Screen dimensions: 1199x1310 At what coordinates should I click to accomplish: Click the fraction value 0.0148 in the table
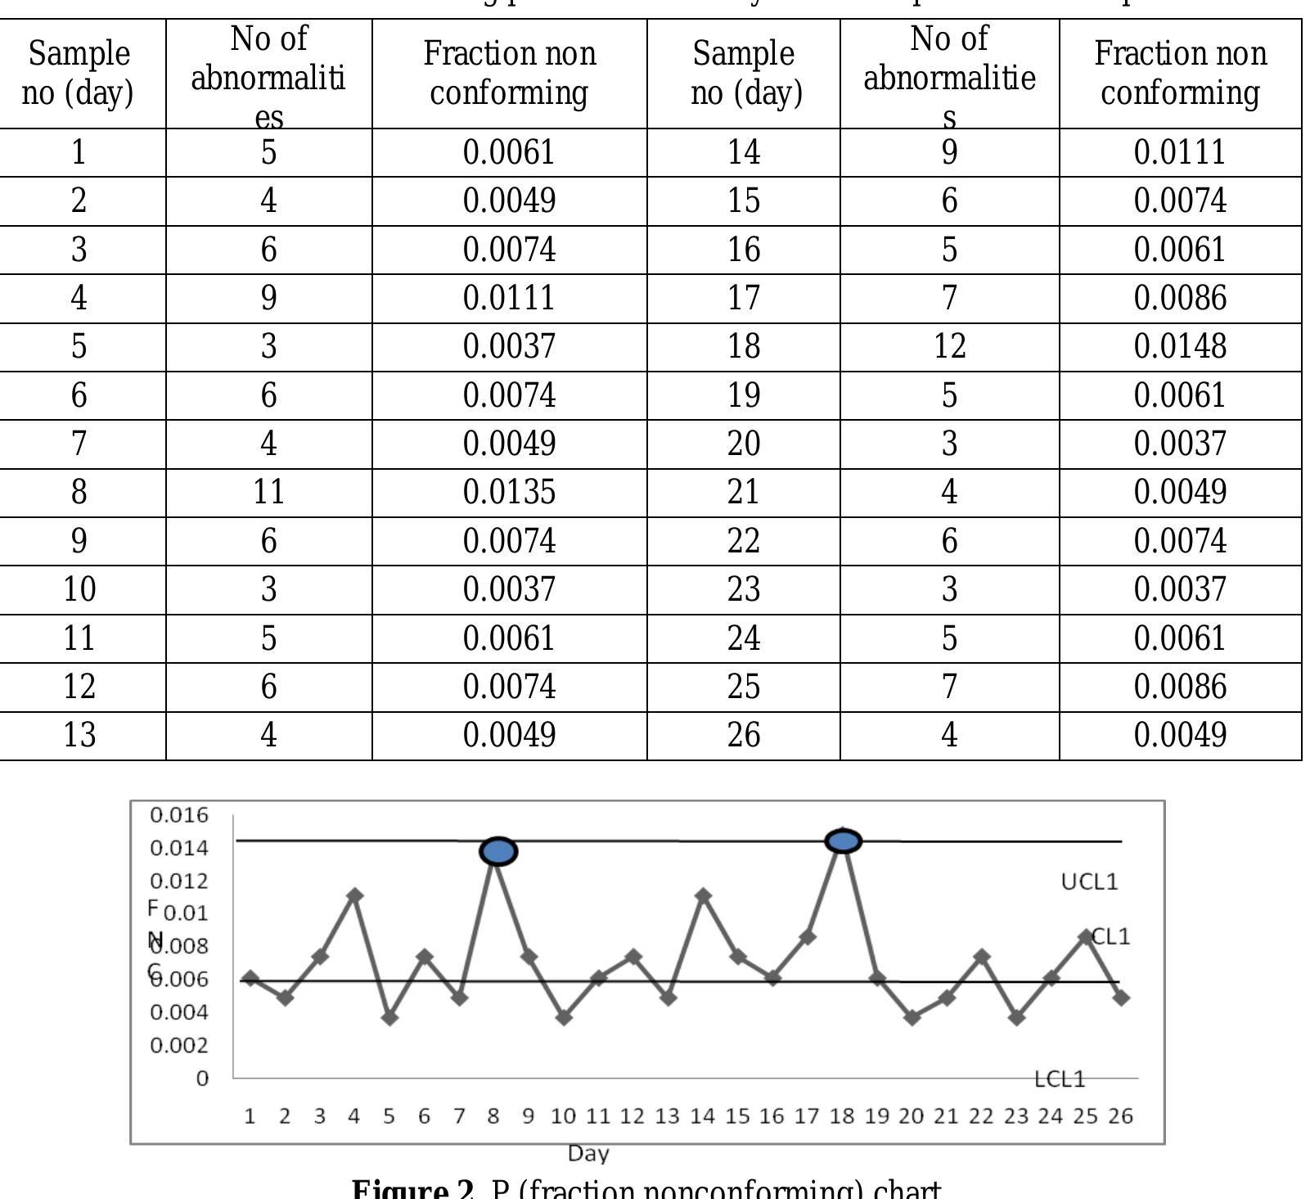coord(1179,346)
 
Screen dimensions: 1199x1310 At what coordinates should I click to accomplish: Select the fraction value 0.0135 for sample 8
coord(509,492)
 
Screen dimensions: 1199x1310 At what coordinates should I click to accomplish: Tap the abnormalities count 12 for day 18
coord(949,346)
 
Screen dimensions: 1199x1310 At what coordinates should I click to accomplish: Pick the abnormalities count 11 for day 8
coord(268,492)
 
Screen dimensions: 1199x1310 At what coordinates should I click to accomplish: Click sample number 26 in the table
coord(743,735)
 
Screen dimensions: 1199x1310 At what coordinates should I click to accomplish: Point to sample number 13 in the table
coord(79,735)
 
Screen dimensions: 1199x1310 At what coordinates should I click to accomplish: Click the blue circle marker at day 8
coord(498,851)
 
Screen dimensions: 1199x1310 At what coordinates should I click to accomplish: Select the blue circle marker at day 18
coord(844,841)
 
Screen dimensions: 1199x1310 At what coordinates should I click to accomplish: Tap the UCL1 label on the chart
coord(1088,881)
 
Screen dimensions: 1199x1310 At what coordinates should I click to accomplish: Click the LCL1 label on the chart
coord(1060,1080)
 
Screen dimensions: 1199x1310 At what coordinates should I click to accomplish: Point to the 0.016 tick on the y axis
coord(179,815)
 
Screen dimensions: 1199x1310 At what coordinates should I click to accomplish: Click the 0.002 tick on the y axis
coord(179,1045)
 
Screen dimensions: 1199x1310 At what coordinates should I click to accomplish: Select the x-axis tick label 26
coord(1120,1116)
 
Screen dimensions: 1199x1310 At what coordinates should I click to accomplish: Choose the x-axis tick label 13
coord(667,1116)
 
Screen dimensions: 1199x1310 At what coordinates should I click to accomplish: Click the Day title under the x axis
coord(588,1154)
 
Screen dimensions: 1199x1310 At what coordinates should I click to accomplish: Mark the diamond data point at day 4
coord(354,895)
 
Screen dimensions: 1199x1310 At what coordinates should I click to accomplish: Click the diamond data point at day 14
coord(703,895)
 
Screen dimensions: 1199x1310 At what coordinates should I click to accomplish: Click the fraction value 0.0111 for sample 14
coord(1179,152)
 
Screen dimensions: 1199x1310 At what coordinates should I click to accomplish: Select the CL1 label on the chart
coord(1111,936)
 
